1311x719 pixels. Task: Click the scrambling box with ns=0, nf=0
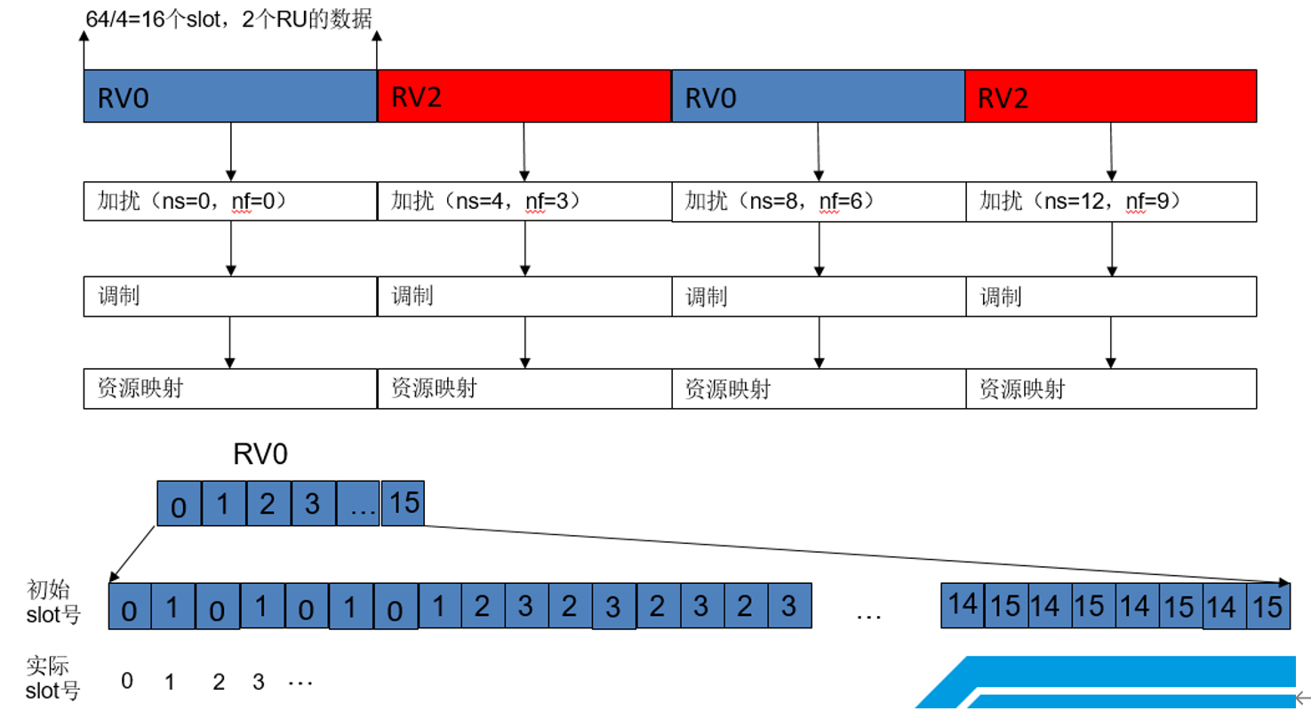tap(230, 203)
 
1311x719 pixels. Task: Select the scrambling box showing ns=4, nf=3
tap(524, 203)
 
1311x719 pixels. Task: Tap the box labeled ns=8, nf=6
tap(819, 203)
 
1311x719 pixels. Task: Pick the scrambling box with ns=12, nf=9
tap(1111, 203)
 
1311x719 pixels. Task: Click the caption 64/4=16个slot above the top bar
tap(229, 18)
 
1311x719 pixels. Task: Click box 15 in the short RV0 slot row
tap(403, 503)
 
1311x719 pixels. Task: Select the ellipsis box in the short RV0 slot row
tap(358, 504)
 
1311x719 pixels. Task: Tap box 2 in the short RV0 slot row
tap(268, 504)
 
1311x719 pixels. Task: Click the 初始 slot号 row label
tap(53, 602)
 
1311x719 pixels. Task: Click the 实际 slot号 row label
tap(53, 680)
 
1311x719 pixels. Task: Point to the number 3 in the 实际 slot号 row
tap(259, 683)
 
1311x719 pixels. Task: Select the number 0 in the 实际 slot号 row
tap(127, 682)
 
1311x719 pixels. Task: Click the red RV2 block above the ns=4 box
tap(524, 96)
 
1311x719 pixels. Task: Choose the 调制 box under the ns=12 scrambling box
tap(1111, 296)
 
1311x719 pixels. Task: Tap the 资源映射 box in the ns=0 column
tap(230, 388)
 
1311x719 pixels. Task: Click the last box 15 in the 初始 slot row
tap(1268, 606)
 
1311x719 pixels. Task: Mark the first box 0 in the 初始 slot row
tap(130, 608)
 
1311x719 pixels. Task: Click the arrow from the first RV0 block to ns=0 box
tap(230, 151)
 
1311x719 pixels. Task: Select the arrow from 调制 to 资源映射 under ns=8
tap(819, 341)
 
